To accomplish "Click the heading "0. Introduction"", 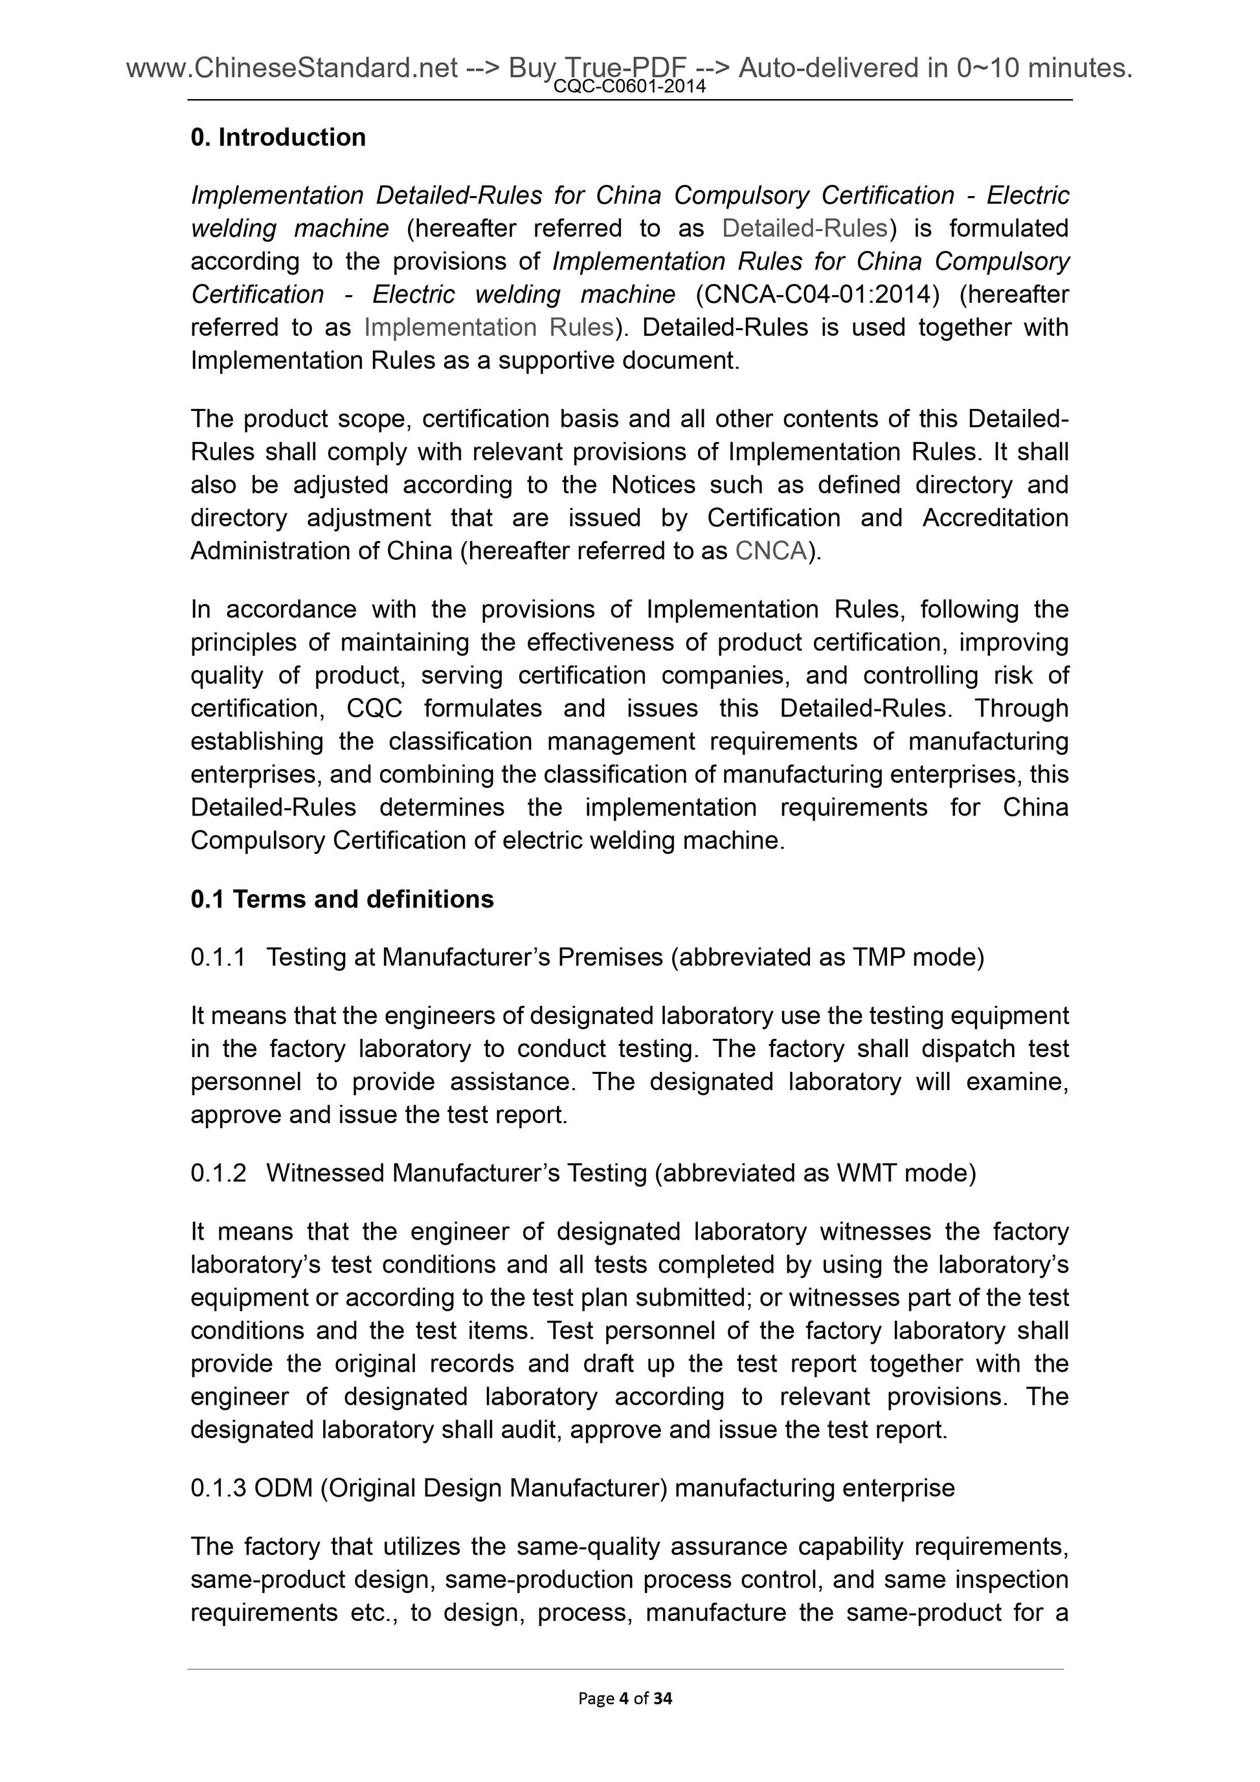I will pos(278,137).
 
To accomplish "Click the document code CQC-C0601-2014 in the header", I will pos(629,87).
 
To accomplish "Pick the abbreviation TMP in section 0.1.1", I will pos(879,958).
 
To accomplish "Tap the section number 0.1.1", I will pos(218,958).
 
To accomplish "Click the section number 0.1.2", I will pos(218,1173).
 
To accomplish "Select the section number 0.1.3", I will pos(218,1488).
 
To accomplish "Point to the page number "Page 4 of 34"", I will pos(625,1699).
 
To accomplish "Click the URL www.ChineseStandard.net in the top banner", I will pos(292,69).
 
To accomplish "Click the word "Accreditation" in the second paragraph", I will pos(995,518).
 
